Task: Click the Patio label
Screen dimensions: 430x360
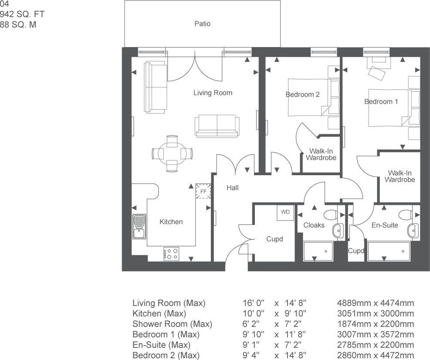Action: coord(203,24)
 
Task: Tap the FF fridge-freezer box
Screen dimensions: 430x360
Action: coord(203,191)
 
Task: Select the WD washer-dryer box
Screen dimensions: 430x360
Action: coord(285,213)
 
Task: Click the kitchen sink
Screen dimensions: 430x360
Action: coord(139,226)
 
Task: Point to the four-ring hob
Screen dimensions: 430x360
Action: coord(171,254)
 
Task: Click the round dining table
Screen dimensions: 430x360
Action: coord(172,153)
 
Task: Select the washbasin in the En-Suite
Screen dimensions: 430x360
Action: coord(413,231)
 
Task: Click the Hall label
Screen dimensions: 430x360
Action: coord(233,188)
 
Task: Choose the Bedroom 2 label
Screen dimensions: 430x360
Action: coord(302,95)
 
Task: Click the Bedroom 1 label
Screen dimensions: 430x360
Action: coord(381,102)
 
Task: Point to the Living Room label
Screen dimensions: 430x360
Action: coord(213,93)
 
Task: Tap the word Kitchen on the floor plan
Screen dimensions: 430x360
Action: coord(171,222)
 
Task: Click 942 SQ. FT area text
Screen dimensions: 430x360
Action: coord(22,14)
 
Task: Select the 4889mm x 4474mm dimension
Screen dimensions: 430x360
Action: coord(376,303)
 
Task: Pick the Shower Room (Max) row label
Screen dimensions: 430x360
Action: coord(172,324)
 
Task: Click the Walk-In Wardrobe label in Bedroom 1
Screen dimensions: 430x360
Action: coord(400,177)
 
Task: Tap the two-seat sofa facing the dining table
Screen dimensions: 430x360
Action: coord(217,126)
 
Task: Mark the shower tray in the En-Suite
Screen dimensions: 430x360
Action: coord(389,251)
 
